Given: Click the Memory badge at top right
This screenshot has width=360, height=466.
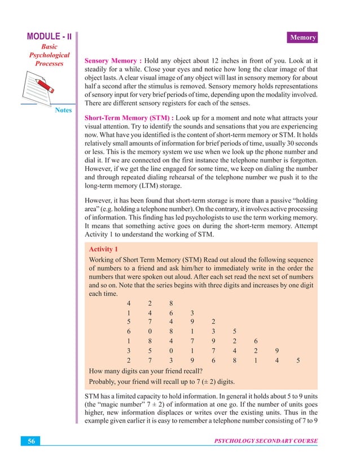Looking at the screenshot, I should point(302,38).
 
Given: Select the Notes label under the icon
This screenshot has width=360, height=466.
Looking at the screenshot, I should point(63,110).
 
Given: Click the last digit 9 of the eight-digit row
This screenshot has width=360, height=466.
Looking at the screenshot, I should point(276,350).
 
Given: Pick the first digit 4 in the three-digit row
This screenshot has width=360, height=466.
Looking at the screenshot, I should point(129,304).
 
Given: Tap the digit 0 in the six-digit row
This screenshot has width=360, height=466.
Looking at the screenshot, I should point(150,331).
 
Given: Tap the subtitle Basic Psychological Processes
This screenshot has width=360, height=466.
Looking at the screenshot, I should point(50,55).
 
